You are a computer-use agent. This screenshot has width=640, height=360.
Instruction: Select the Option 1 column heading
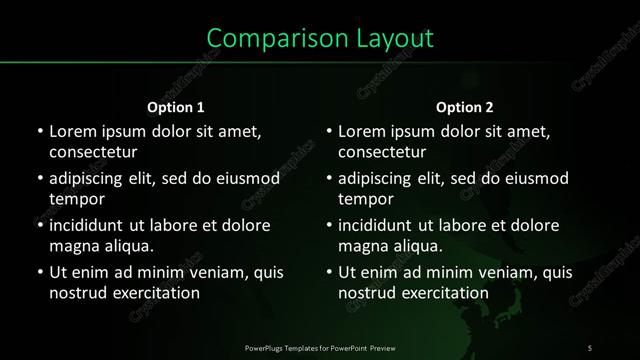[176, 107]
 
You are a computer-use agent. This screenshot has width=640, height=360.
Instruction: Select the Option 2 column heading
[465, 107]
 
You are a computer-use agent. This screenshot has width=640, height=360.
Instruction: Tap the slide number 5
[590, 347]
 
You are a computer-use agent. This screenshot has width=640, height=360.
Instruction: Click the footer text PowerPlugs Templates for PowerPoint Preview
[320, 347]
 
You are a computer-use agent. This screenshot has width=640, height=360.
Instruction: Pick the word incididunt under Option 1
[90, 225]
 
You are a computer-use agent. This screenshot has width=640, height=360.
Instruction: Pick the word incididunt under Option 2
[380, 225]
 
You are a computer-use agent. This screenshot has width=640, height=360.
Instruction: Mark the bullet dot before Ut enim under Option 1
[39, 272]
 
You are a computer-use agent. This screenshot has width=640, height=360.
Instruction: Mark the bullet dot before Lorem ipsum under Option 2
[329, 131]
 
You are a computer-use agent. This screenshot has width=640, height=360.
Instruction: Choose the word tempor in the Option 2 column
[366, 199]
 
